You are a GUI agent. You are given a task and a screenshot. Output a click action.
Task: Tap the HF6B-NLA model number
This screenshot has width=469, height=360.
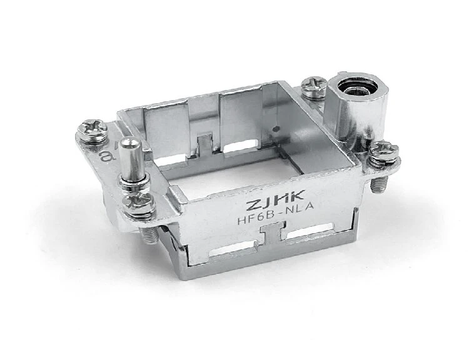(276, 217)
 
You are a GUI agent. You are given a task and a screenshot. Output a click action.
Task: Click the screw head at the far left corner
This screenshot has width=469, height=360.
(92, 129)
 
